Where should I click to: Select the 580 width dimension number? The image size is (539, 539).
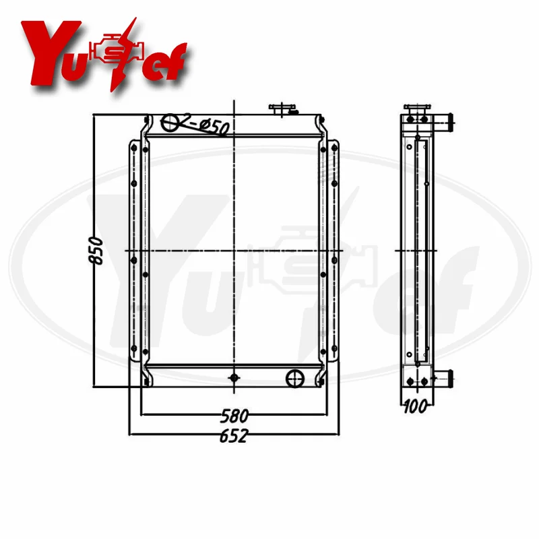click(x=234, y=416)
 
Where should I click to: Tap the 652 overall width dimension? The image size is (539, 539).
click(x=234, y=436)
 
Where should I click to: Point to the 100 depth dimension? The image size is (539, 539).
click(x=415, y=407)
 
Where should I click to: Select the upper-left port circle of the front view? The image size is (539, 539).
click(x=170, y=123)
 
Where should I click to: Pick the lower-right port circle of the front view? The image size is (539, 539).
click(x=295, y=379)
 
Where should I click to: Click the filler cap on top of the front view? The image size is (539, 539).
click(x=282, y=109)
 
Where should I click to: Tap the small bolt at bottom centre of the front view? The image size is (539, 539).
click(x=234, y=378)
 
